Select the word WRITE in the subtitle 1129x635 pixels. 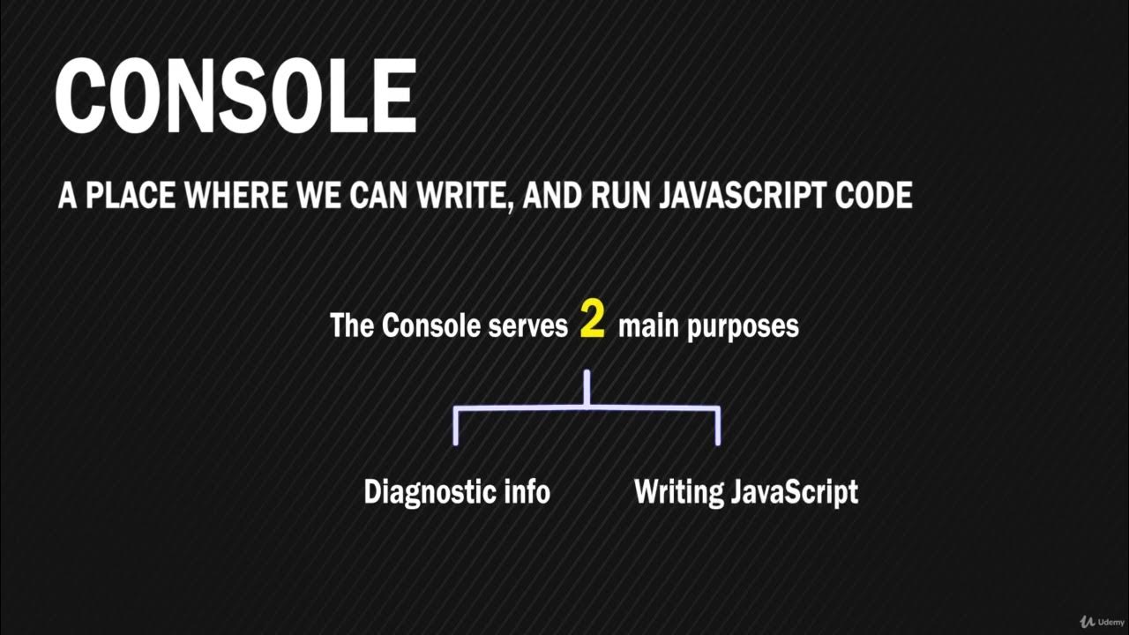point(463,196)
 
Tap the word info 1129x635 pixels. point(527,491)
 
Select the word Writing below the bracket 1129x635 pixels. point(678,492)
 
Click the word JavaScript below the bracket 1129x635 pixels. point(795,492)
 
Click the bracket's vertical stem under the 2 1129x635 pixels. point(587,389)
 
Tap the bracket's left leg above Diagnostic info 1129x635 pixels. point(455,426)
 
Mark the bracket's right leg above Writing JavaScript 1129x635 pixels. point(718,426)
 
